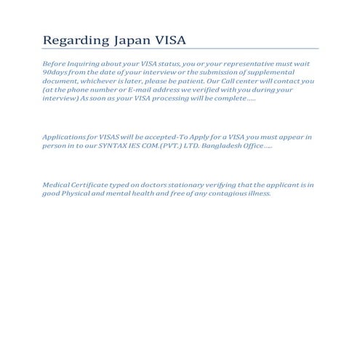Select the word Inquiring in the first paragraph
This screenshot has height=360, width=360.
pos(78,64)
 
